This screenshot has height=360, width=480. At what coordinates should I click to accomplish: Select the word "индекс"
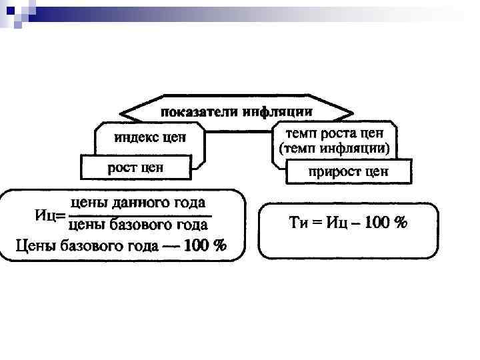[136, 139]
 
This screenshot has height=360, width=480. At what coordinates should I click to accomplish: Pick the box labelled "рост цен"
[135, 167]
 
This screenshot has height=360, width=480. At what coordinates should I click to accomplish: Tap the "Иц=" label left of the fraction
[49, 215]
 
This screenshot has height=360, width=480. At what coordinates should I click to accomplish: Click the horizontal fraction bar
[139, 215]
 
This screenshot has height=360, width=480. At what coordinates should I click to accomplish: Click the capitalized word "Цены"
[36, 246]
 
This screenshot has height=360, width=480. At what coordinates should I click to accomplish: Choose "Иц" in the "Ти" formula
[336, 222]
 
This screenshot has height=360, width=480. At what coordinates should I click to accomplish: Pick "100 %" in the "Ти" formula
[387, 222]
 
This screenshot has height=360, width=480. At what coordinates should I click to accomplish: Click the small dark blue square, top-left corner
[9, 10]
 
